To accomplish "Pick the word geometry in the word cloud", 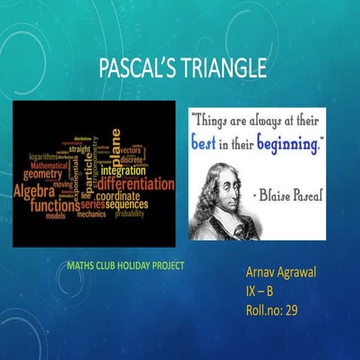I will pos(43,174).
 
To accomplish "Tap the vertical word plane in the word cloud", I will pos(115,148).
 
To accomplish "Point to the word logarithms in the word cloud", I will pos(43,157).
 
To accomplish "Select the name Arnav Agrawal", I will pos(280,271).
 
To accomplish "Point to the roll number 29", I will pos(290,309).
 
